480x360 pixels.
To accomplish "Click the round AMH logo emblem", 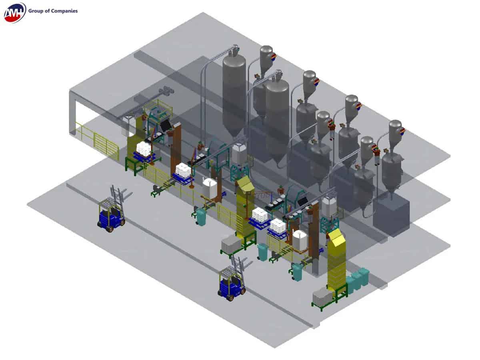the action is tap(14, 12).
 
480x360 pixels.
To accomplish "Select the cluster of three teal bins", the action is tap(358, 279).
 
